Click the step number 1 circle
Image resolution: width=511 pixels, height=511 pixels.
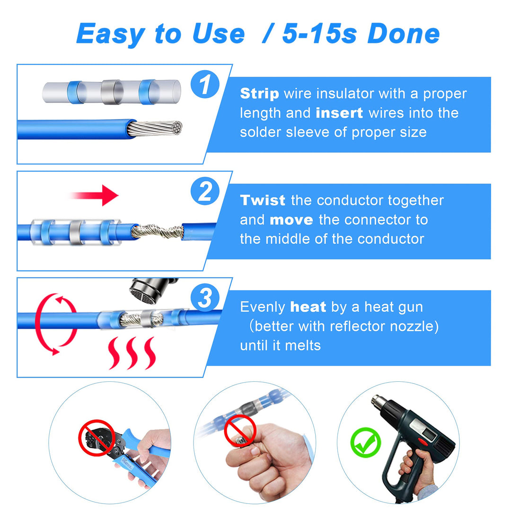[x=204, y=86]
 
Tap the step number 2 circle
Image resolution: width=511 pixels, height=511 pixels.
[x=204, y=192]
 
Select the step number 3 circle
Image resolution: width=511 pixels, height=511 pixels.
[x=204, y=299]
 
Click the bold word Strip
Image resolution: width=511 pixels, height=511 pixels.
[x=259, y=94]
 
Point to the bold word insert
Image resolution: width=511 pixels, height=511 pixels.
[x=339, y=113]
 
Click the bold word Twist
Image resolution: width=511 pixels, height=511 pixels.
[x=263, y=201]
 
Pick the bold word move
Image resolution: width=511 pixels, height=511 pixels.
[x=291, y=220]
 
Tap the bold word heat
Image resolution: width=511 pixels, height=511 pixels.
[x=308, y=307]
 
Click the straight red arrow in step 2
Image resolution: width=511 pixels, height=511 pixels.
[x=95, y=195]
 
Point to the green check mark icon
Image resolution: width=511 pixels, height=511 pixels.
[x=365, y=442]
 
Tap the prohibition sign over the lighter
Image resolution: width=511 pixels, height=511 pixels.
[x=240, y=432]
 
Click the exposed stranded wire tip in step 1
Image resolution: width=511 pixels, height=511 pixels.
[x=156, y=128]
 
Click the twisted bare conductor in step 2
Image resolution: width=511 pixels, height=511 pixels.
[x=157, y=232]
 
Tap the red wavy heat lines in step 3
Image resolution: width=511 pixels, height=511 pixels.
[x=132, y=353]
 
